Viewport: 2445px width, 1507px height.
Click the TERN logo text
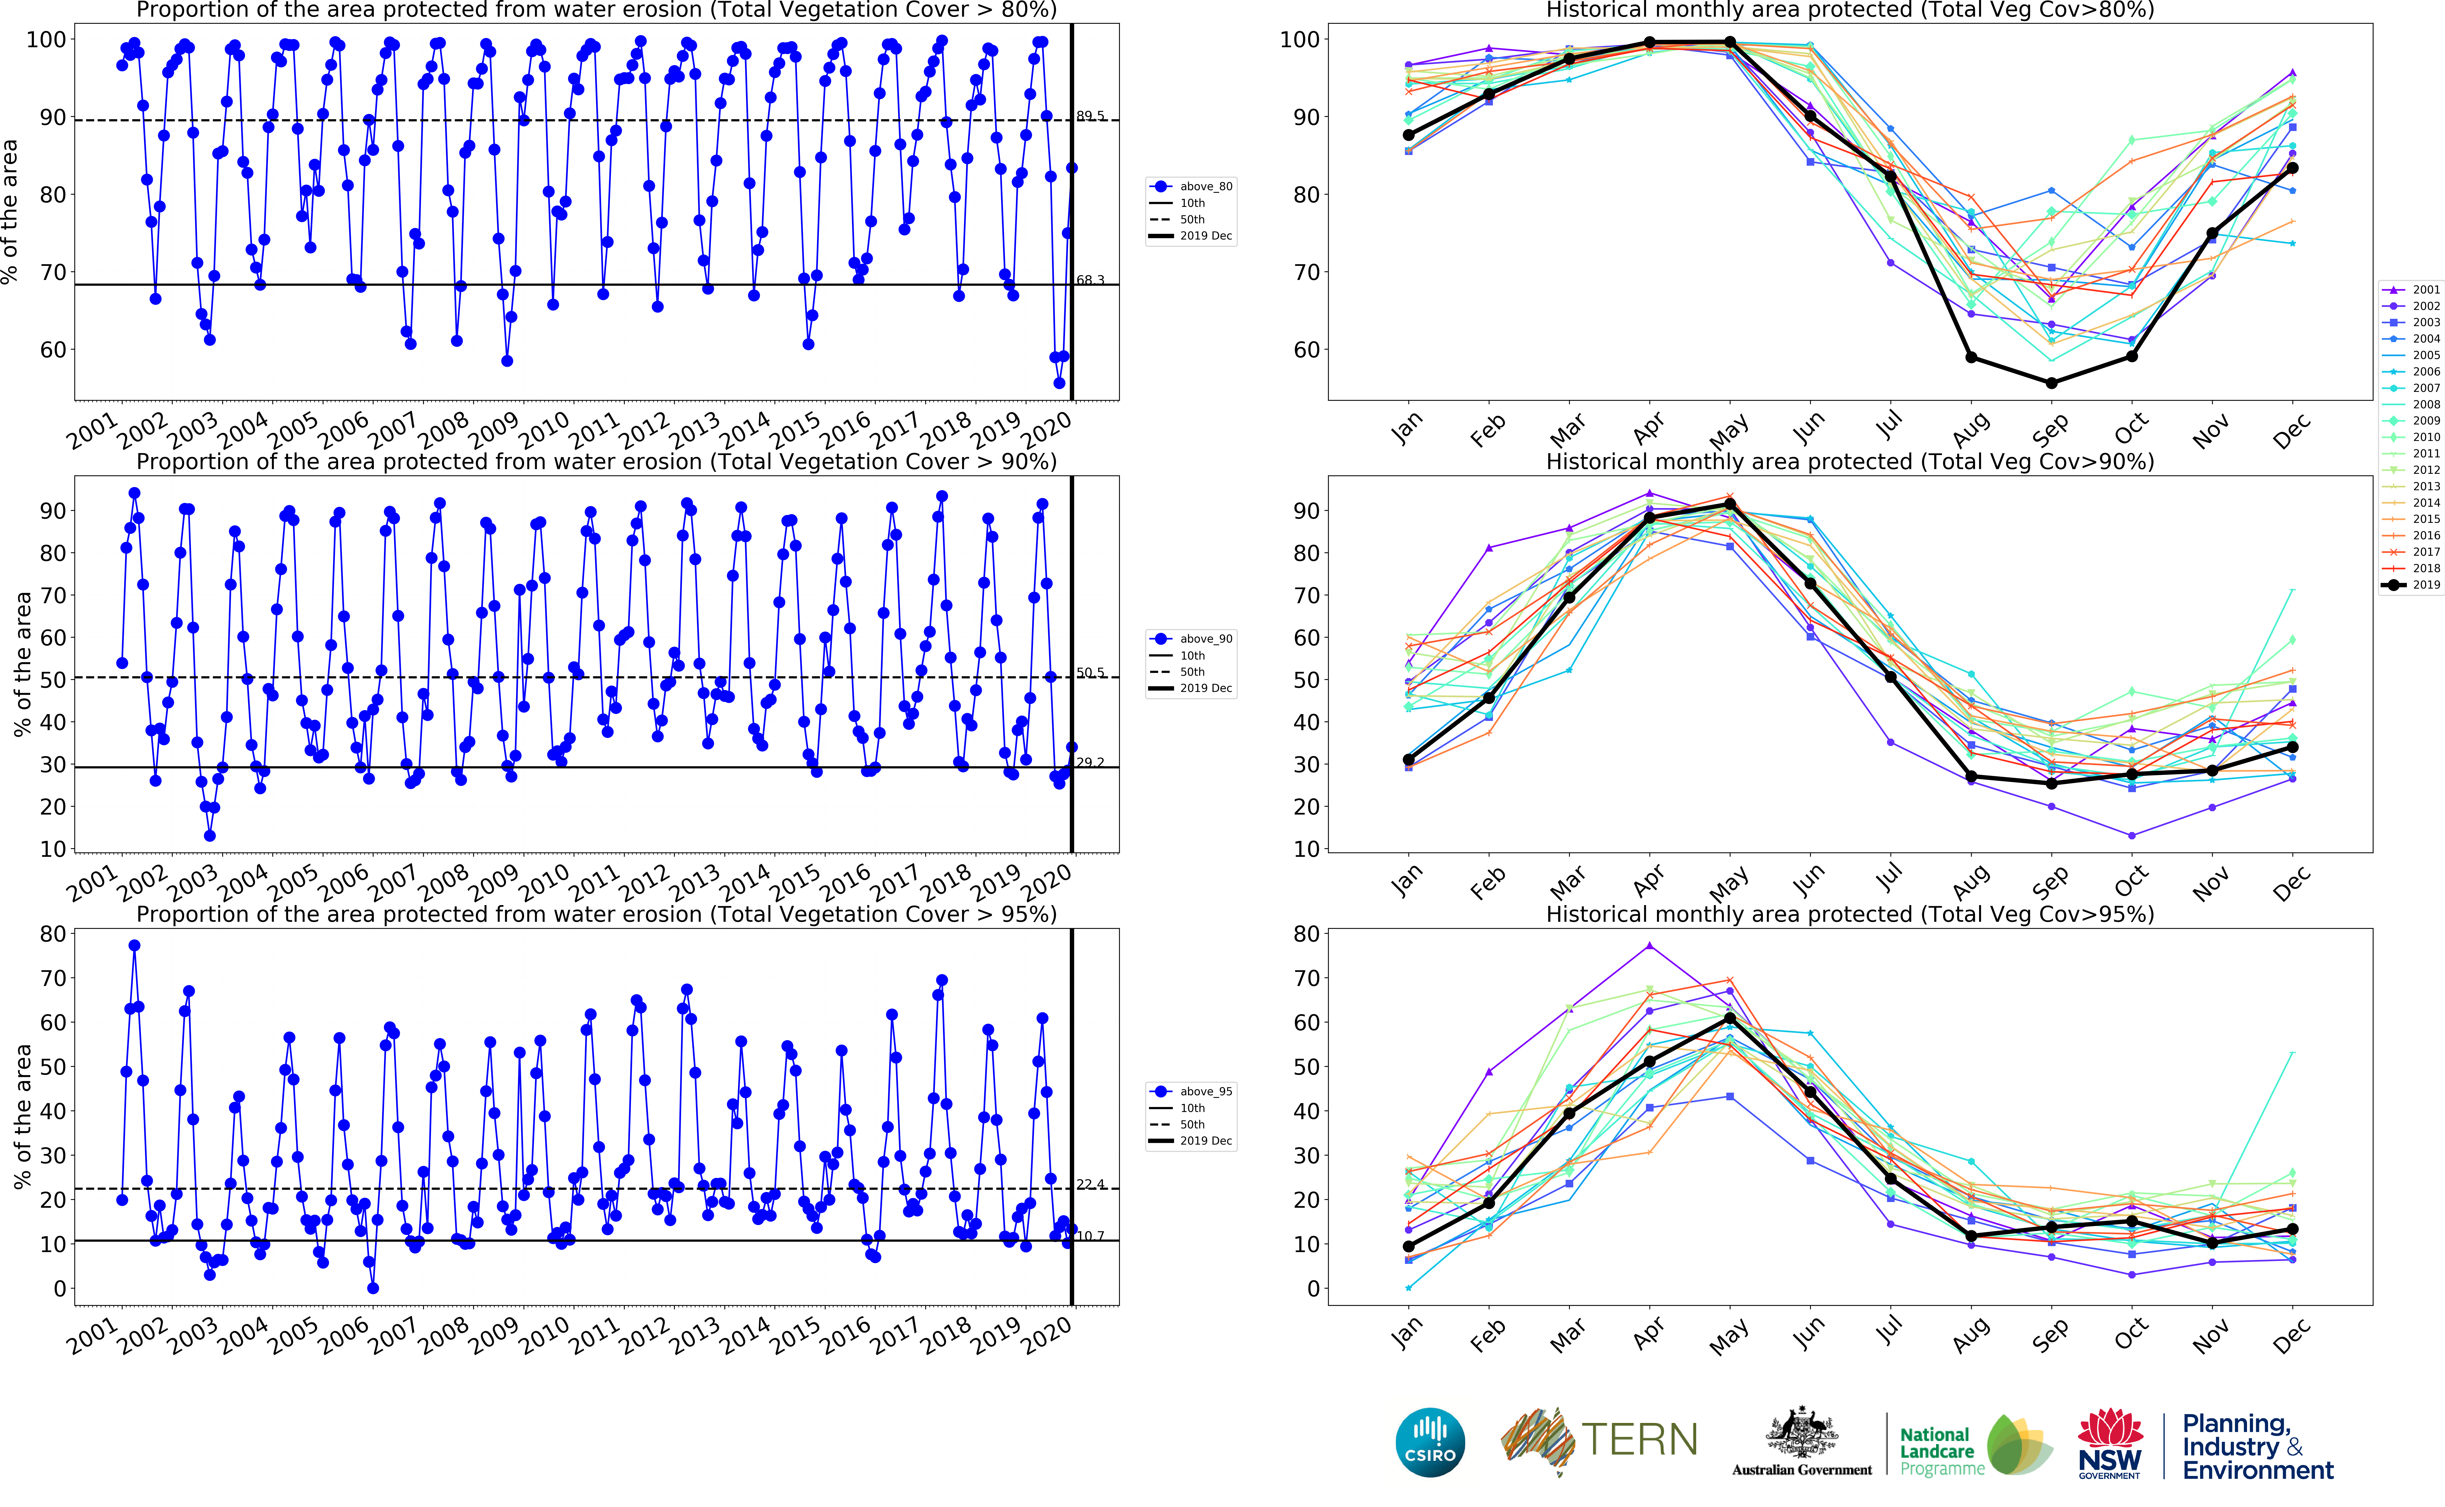tap(1639, 1440)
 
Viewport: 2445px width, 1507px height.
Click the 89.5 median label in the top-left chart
tap(1090, 117)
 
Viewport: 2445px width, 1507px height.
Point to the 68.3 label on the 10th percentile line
tap(1090, 280)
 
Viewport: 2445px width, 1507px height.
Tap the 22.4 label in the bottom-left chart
tap(1090, 1184)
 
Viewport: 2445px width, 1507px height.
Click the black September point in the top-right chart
tap(2051, 383)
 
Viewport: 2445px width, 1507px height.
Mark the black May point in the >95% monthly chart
tap(1730, 1018)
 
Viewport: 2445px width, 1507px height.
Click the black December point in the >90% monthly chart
tap(2293, 746)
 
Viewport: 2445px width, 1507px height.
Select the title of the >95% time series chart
tap(596, 914)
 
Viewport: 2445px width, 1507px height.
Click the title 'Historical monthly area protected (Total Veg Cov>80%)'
tap(1849, 10)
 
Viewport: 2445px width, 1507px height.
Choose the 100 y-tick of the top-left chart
tap(46, 40)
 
